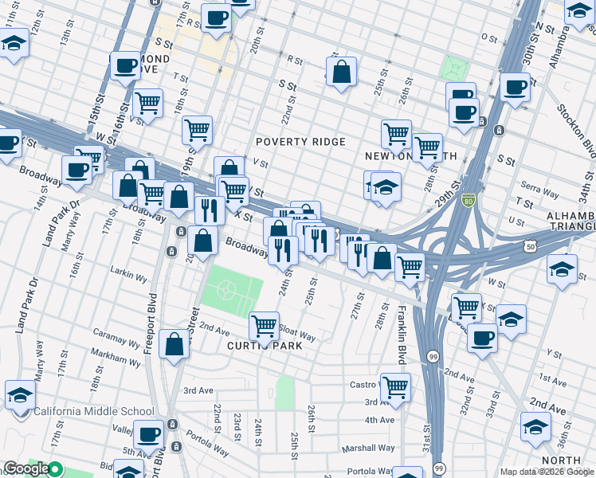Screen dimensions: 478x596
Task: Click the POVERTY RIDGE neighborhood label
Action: [300, 142]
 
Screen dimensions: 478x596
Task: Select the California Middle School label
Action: [94, 412]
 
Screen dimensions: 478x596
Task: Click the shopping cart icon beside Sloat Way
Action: [264, 325]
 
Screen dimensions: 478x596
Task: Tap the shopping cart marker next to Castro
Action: [395, 387]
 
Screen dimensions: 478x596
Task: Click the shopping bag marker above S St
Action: [341, 72]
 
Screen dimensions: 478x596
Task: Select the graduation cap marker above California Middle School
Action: [20, 394]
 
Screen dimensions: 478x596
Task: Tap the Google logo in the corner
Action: [26, 468]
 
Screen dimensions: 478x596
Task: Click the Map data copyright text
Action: [547, 472]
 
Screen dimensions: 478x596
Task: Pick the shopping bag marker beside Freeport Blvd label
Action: [174, 344]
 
